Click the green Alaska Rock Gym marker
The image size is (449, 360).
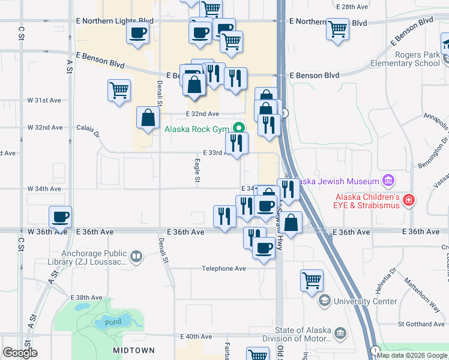coord(239,128)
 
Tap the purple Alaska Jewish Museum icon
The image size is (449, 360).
coord(388,181)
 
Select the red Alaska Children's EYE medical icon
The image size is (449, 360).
coord(409,199)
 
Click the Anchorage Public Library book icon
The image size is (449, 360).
coord(137,257)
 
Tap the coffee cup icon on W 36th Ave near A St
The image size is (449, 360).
coord(60,217)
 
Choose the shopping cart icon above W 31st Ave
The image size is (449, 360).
coord(119,91)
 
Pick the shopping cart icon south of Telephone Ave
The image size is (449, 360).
coord(312,280)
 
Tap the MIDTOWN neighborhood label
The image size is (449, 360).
coord(134,350)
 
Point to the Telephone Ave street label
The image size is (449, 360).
coord(224,269)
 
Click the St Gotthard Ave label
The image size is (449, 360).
coord(424,325)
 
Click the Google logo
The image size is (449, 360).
coord(20,353)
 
